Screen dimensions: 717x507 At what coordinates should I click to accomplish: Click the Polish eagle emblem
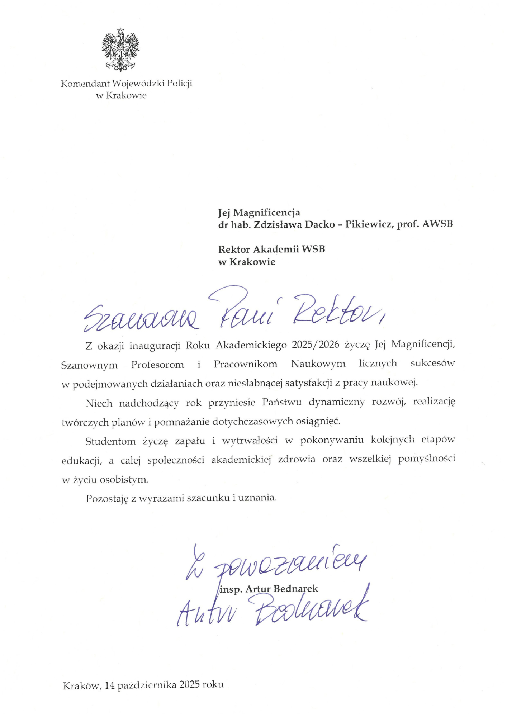[120, 49]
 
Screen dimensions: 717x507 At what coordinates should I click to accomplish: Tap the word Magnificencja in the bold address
[266, 213]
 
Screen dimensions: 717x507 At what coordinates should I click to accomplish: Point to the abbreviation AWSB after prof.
[437, 224]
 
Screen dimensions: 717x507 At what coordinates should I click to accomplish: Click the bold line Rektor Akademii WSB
[271, 249]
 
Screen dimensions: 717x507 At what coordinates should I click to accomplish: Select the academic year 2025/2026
[315, 345]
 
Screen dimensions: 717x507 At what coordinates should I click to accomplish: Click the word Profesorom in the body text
[157, 365]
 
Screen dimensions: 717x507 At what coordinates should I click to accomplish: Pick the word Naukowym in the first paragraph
[318, 364]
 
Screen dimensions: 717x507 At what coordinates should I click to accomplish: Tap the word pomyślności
[426, 459]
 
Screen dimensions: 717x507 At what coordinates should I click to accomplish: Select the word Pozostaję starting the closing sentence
[107, 498]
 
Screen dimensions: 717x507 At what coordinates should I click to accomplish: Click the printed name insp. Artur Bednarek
[269, 589]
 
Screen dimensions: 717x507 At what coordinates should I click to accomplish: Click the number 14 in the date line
[110, 685]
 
